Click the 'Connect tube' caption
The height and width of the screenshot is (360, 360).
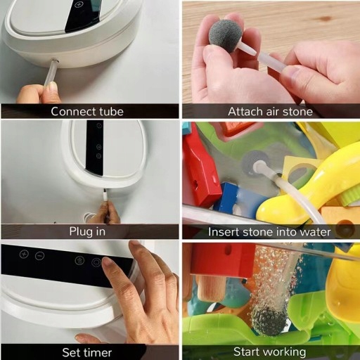87,112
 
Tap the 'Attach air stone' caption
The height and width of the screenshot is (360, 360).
270,112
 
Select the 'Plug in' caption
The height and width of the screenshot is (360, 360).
87,232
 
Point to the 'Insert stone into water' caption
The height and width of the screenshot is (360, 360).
269,232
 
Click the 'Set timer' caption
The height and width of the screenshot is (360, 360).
87,352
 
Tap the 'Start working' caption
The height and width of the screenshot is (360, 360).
270,352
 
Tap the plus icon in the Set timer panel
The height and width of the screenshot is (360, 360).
24,254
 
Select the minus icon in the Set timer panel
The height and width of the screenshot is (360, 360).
39,256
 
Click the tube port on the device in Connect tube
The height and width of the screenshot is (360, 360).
55,61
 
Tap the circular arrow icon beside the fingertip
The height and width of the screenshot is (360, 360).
96,262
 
